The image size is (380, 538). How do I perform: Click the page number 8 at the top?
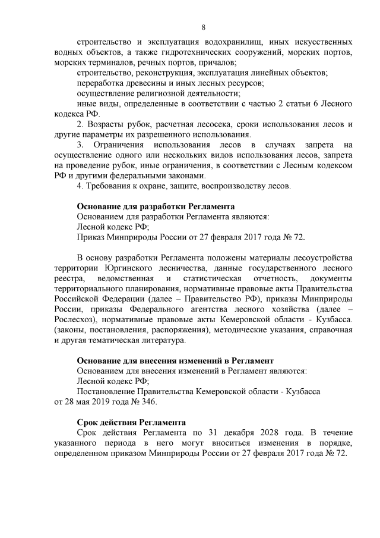pos(204,27)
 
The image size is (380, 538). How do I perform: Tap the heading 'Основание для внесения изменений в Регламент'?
pos(175,360)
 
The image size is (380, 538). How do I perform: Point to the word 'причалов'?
pos(219,62)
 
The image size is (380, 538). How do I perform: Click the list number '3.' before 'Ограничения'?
pos(81,145)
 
